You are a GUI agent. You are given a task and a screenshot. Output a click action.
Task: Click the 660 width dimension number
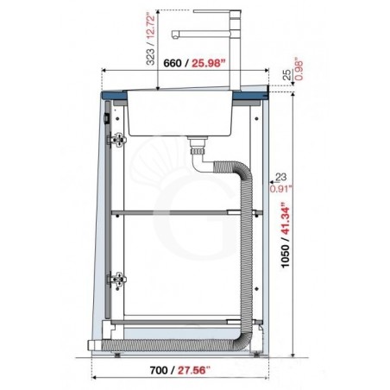(173, 63)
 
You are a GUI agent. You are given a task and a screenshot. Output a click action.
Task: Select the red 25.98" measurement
(208, 63)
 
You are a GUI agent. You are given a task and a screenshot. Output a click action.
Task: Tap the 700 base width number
(159, 370)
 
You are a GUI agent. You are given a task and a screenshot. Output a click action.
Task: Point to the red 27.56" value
(194, 370)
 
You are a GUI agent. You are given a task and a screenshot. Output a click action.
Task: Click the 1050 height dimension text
(285, 256)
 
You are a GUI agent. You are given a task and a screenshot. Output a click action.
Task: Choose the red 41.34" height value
(285, 218)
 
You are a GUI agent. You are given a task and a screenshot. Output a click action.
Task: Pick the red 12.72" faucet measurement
(151, 28)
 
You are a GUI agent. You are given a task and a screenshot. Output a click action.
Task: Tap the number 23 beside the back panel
(280, 177)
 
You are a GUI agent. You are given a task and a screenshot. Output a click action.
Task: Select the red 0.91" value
(280, 189)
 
